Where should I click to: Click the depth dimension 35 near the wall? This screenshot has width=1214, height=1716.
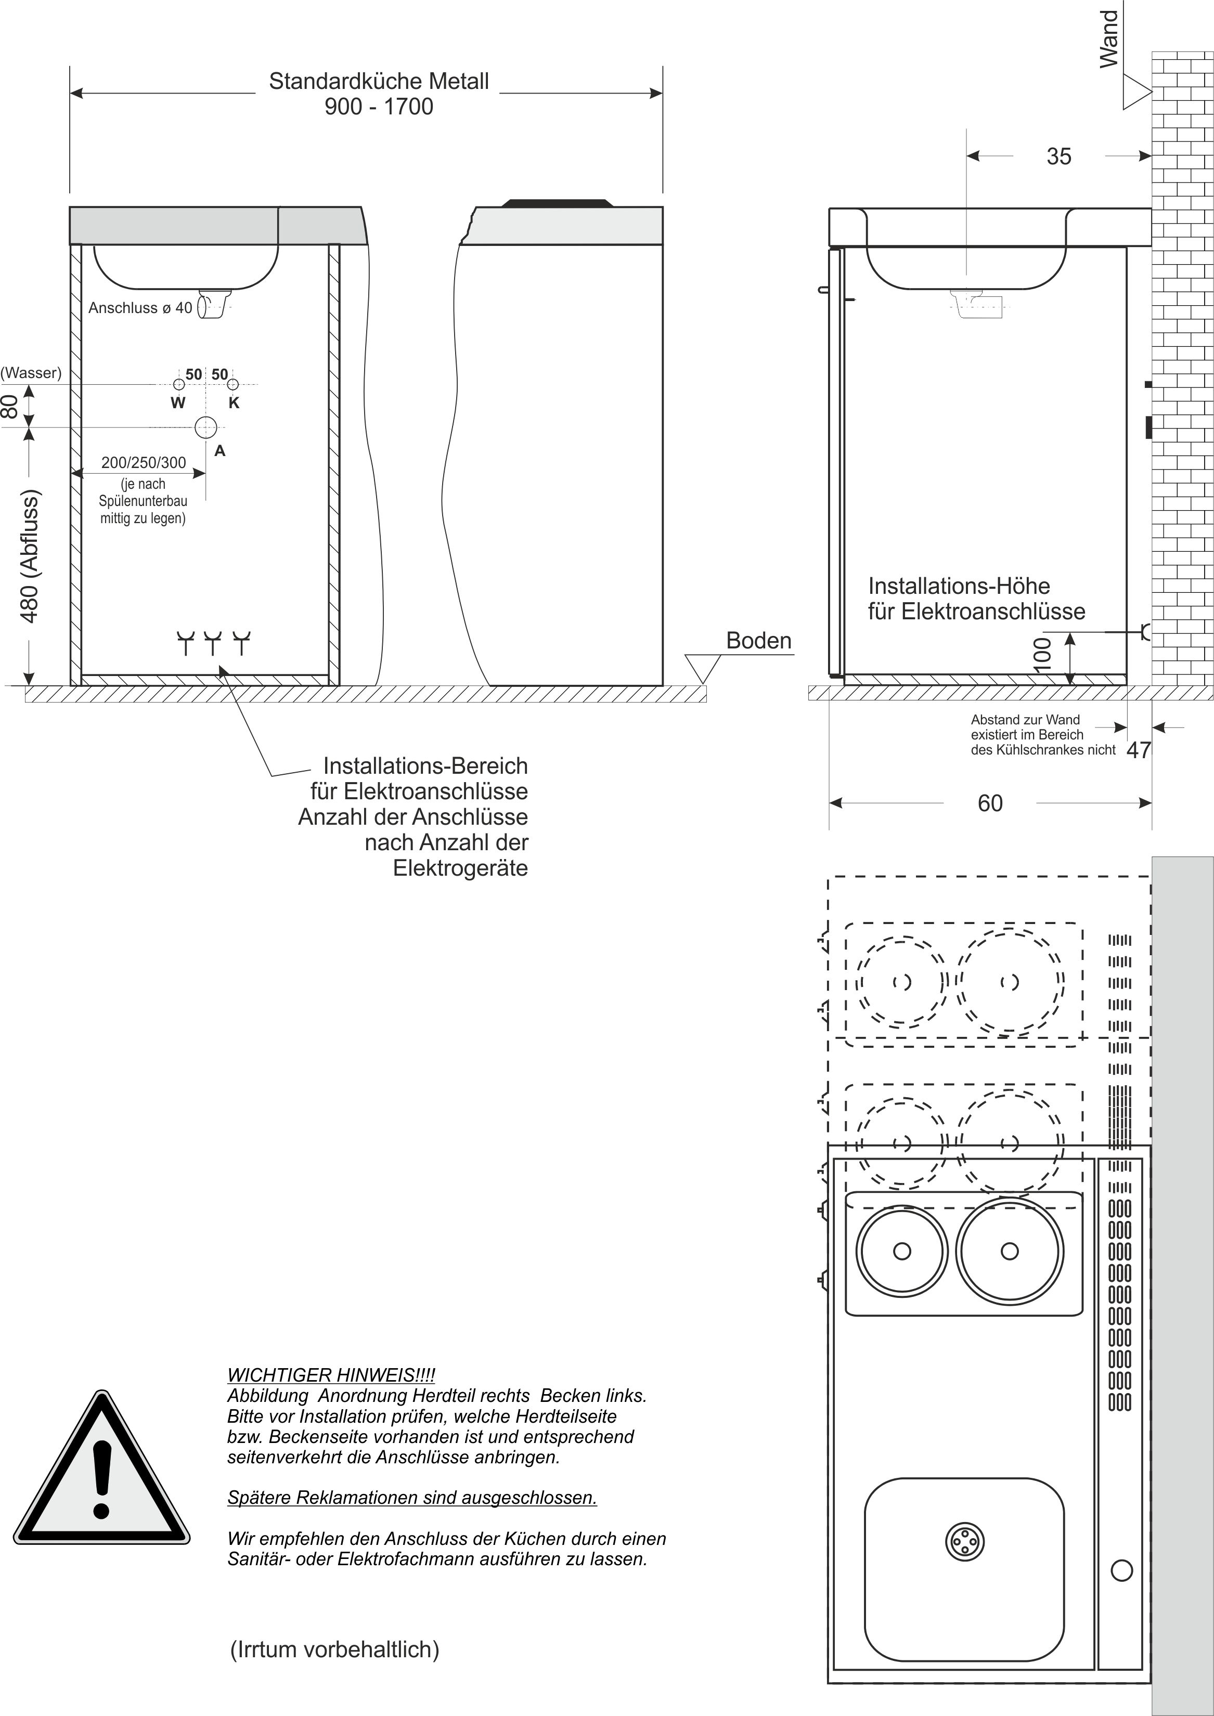coord(1058,156)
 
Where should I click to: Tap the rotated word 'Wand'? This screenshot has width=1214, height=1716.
coord(1109,39)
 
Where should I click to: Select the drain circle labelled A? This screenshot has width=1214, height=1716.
coord(205,427)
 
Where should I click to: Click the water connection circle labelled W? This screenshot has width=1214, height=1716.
coord(178,385)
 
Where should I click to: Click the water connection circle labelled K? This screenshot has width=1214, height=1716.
coord(233,385)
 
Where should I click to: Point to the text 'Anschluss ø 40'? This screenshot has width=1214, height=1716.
coord(140,308)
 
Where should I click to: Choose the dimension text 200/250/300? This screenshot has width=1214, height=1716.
coord(144,463)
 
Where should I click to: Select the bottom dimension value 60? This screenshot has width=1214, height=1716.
coord(990,803)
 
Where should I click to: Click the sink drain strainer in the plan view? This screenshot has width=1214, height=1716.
coord(964,1541)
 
